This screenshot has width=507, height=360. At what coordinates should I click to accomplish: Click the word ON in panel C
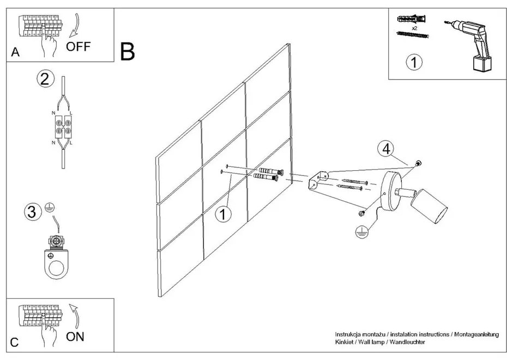click(75, 337)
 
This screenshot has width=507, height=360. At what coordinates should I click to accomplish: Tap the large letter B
click(128, 51)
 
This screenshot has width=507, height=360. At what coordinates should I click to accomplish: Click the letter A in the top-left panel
click(15, 52)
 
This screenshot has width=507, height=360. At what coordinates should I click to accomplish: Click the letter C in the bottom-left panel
click(15, 343)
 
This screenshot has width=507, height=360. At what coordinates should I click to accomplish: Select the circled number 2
click(46, 79)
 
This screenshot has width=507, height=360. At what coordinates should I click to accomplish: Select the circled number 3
click(33, 211)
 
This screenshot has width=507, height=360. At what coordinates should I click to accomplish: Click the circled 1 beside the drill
click(414, 62)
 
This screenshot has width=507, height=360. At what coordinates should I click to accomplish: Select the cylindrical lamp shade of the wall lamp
click(428, 208)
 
